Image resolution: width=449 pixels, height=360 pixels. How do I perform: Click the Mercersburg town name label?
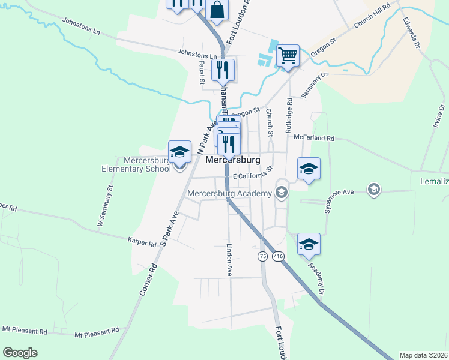pyautogui.click(x=233, y=161)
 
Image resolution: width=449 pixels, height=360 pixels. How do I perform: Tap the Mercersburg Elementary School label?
pyautogui.click(x=148, y=164)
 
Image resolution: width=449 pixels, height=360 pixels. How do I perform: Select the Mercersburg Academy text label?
pyautogui.click(x=230, y=193)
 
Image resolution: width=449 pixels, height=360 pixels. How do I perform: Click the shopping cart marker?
pyautogui.click(x=288, y=56)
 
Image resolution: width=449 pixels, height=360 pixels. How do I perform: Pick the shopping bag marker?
pyautogui.click(x=217, y=10)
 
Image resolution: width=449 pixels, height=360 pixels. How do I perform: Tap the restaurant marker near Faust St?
pyautogui.click(x=223, y=70)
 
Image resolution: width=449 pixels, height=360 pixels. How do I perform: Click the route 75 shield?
pyautogui.click(x=262, y=256)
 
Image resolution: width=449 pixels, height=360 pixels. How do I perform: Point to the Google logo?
pyautogui.click(x=20, y=352)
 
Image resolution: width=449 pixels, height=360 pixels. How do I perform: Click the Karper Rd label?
pyautogui.click(x=142, y=244)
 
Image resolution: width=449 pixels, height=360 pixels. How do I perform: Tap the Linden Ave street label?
pyautogui.click(x=229, y=259)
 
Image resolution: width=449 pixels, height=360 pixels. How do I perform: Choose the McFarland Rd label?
pyautogui.click(x=314, y=138)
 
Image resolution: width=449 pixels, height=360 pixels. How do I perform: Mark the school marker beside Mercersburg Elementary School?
pyautogui.click(x=179, y=152)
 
